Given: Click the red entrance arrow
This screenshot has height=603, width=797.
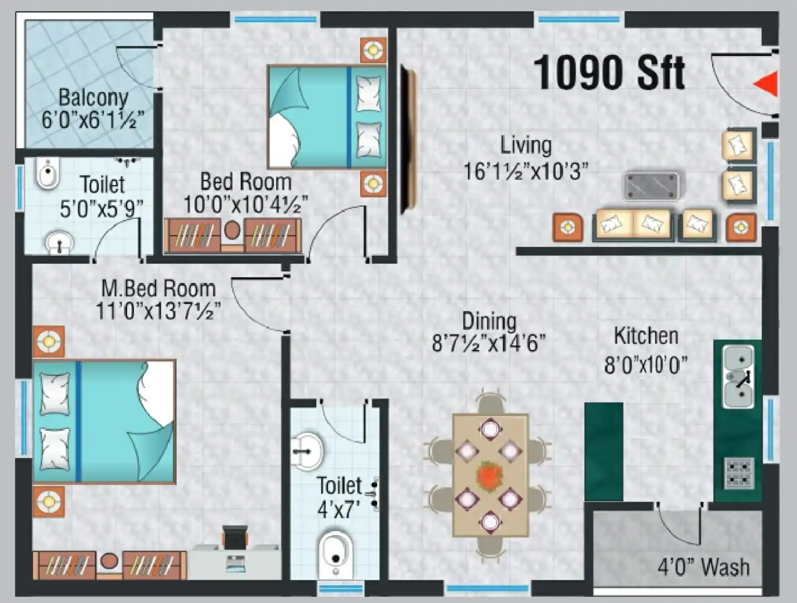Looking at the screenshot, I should click(x=767, y=84).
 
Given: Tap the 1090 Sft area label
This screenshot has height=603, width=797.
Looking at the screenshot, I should click(x=608, y=73).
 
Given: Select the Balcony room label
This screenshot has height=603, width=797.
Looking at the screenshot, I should click(x=93, y=98).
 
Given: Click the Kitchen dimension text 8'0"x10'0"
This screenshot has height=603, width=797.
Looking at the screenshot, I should click(x=646, y=366).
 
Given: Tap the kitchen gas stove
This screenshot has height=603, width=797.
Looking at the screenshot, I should click(x=738, y=472).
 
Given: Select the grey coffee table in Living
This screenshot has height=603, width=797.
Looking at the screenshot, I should click(x=651, y=185).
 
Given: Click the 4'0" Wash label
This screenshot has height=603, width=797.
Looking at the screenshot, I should click(x=703, y=567).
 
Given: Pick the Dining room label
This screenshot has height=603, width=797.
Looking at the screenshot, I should click(x=489, y=321).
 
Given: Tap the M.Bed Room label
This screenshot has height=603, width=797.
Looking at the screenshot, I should click(x=158, y=289).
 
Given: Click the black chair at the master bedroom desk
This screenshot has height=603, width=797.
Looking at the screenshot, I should click(x=235, y=538).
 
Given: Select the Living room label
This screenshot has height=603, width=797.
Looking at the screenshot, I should click(x=525, y=145).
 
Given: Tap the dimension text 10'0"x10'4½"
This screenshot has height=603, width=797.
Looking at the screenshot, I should click(x=245, y=205).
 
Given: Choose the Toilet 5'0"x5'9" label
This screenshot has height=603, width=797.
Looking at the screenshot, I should click(x=102, y=184).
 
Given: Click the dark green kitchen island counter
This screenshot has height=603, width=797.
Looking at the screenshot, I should click(x=603, y=451).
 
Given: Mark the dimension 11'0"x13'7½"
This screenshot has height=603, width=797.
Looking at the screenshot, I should click(x=158, y=311).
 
